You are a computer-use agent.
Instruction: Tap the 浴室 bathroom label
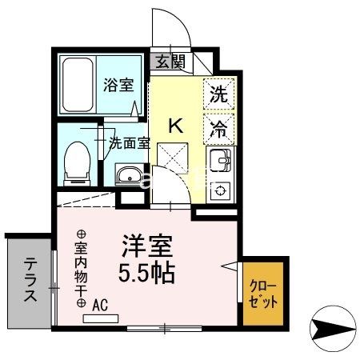coord(118,85)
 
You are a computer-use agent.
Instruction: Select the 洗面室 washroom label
coord(129,144)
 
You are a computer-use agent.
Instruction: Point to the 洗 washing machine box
coord(218,93)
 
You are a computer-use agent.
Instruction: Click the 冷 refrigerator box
coord(218,126)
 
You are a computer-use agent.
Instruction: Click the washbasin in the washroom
coord(129,174)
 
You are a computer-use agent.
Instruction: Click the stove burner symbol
coord(218,190)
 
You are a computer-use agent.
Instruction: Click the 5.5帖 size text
coord(148,272)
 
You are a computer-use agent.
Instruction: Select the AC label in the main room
coord(101,304)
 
